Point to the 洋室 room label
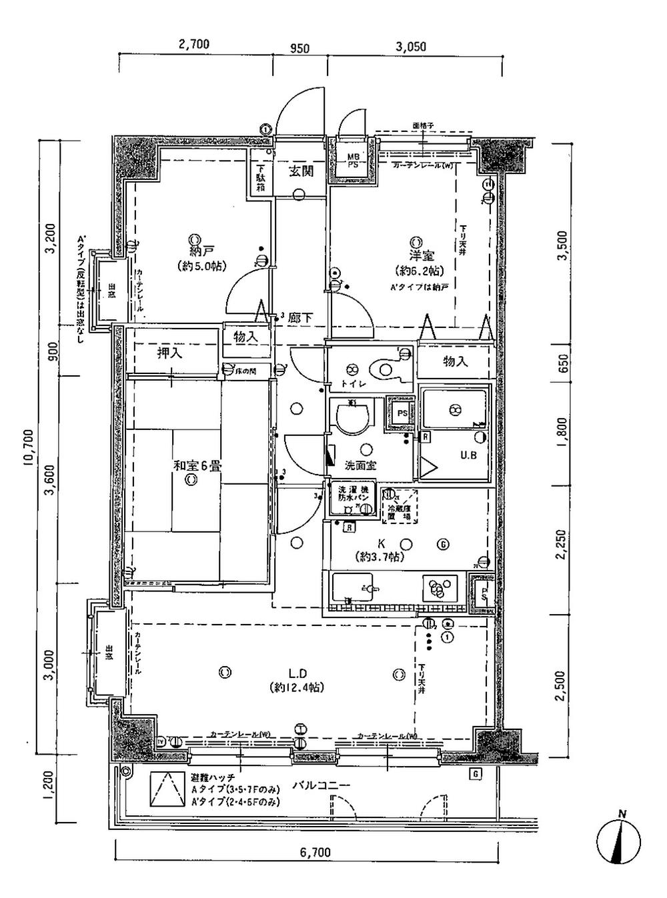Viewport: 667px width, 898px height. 422,255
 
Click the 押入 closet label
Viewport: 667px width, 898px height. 169,353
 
